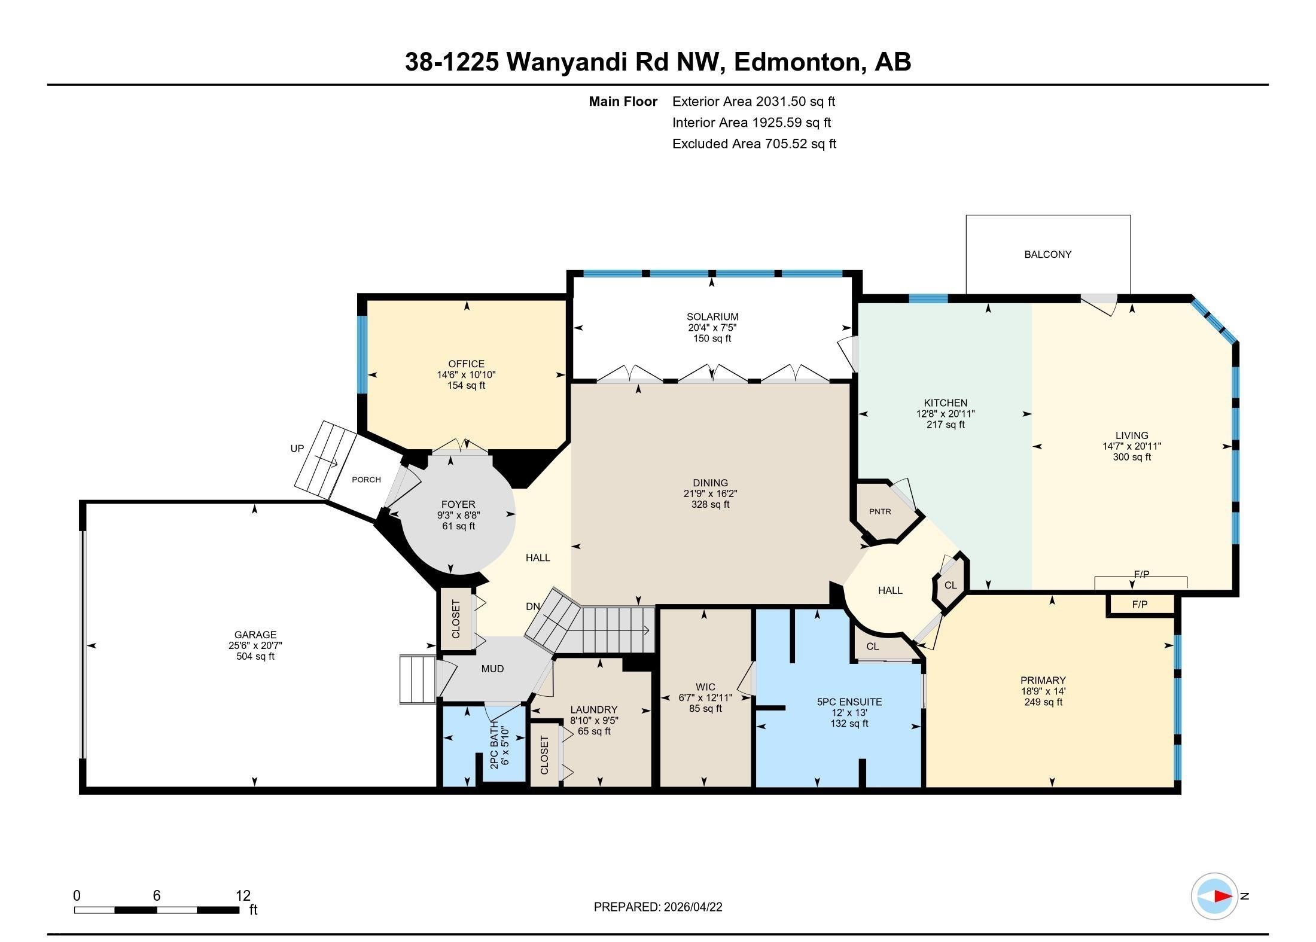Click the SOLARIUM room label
coord(712,317)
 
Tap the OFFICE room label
coord(466,364)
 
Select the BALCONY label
coord(1047,254)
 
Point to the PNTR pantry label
coord(880,511)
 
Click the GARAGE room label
coord(255,635)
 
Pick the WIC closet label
coord(705,687)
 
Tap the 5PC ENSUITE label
coord(849,702)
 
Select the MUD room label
coord(492,669)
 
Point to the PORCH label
coord(366,479)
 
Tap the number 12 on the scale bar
coord(243,895)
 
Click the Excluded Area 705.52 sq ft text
coord(754,144)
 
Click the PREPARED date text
coord(658,907)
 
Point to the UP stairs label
coord(297,449)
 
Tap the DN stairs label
coord(533,606)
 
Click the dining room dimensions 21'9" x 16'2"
coord(711,493)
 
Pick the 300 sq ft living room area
coord(1132,457)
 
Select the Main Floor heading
coord(623,102)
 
